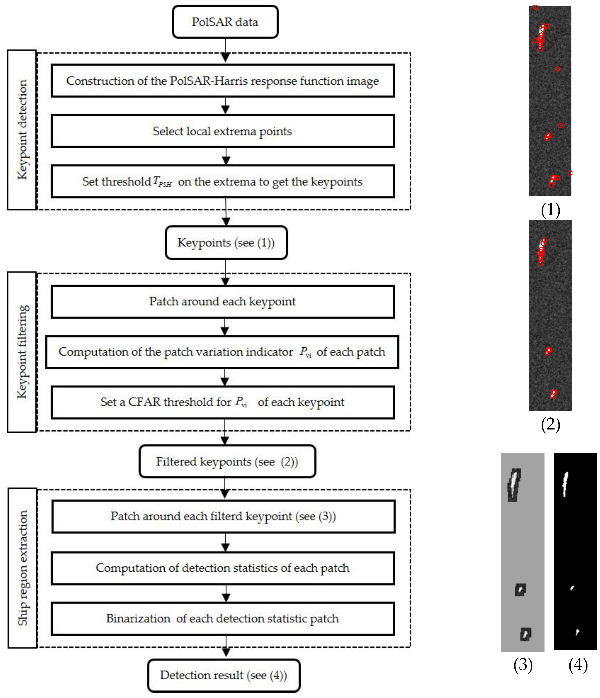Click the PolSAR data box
[225, 22]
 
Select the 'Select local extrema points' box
[222, 131]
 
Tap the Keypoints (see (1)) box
[226, 243]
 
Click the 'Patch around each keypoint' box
[222, 301]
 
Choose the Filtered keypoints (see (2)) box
[227, 461]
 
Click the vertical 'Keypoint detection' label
[22, 130]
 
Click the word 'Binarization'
[138, 618]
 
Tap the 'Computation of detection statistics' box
[222, 568]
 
